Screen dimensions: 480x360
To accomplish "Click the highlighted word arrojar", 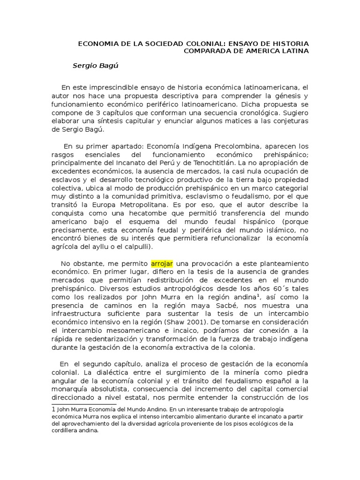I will pos(162,263).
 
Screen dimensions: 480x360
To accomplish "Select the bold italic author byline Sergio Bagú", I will pos(96,66).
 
